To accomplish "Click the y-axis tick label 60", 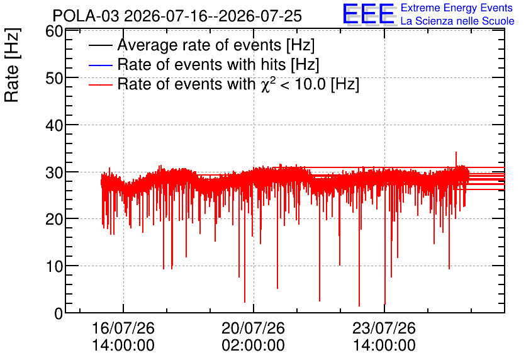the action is pos(54,31).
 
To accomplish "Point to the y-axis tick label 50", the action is pos(54,78).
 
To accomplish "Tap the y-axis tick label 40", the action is pos(54,125).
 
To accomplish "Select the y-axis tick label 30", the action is pos(54,172).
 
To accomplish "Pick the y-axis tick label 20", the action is pos(54,220).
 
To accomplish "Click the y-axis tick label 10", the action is pos(54,267).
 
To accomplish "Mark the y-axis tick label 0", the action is pos(59,313).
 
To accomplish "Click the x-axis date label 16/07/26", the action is pos(123,328).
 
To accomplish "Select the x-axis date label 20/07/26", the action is pos(254,328).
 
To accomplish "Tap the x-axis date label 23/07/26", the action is pos(384,328).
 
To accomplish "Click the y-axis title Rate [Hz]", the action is pos(12,65).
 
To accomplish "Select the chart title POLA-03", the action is pos(86,16).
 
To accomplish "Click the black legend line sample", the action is pos(100,45).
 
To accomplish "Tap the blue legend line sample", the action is pos(100,65).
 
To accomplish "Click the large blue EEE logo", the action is pos(369,14).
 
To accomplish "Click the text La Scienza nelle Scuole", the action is pos(457,21).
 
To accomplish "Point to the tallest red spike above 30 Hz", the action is pos(456,159).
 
